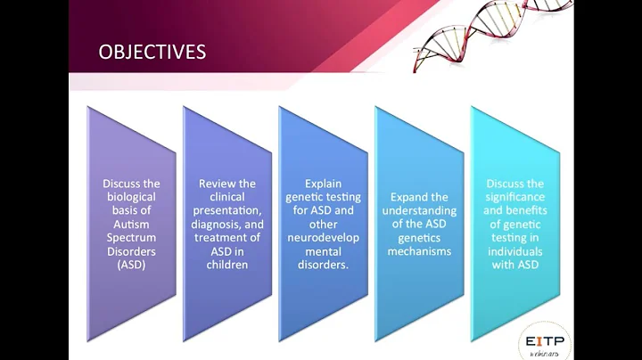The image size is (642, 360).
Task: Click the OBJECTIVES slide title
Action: coord(152,52)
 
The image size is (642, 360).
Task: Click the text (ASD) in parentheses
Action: coord(130,265)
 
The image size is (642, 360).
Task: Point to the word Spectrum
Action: coord(130,236)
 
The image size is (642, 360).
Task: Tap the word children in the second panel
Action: coord(226,265)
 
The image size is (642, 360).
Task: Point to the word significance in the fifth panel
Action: coord(514,197)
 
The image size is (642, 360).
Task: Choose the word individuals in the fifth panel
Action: coord(514,251)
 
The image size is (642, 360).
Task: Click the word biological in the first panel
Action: coord(130,197)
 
